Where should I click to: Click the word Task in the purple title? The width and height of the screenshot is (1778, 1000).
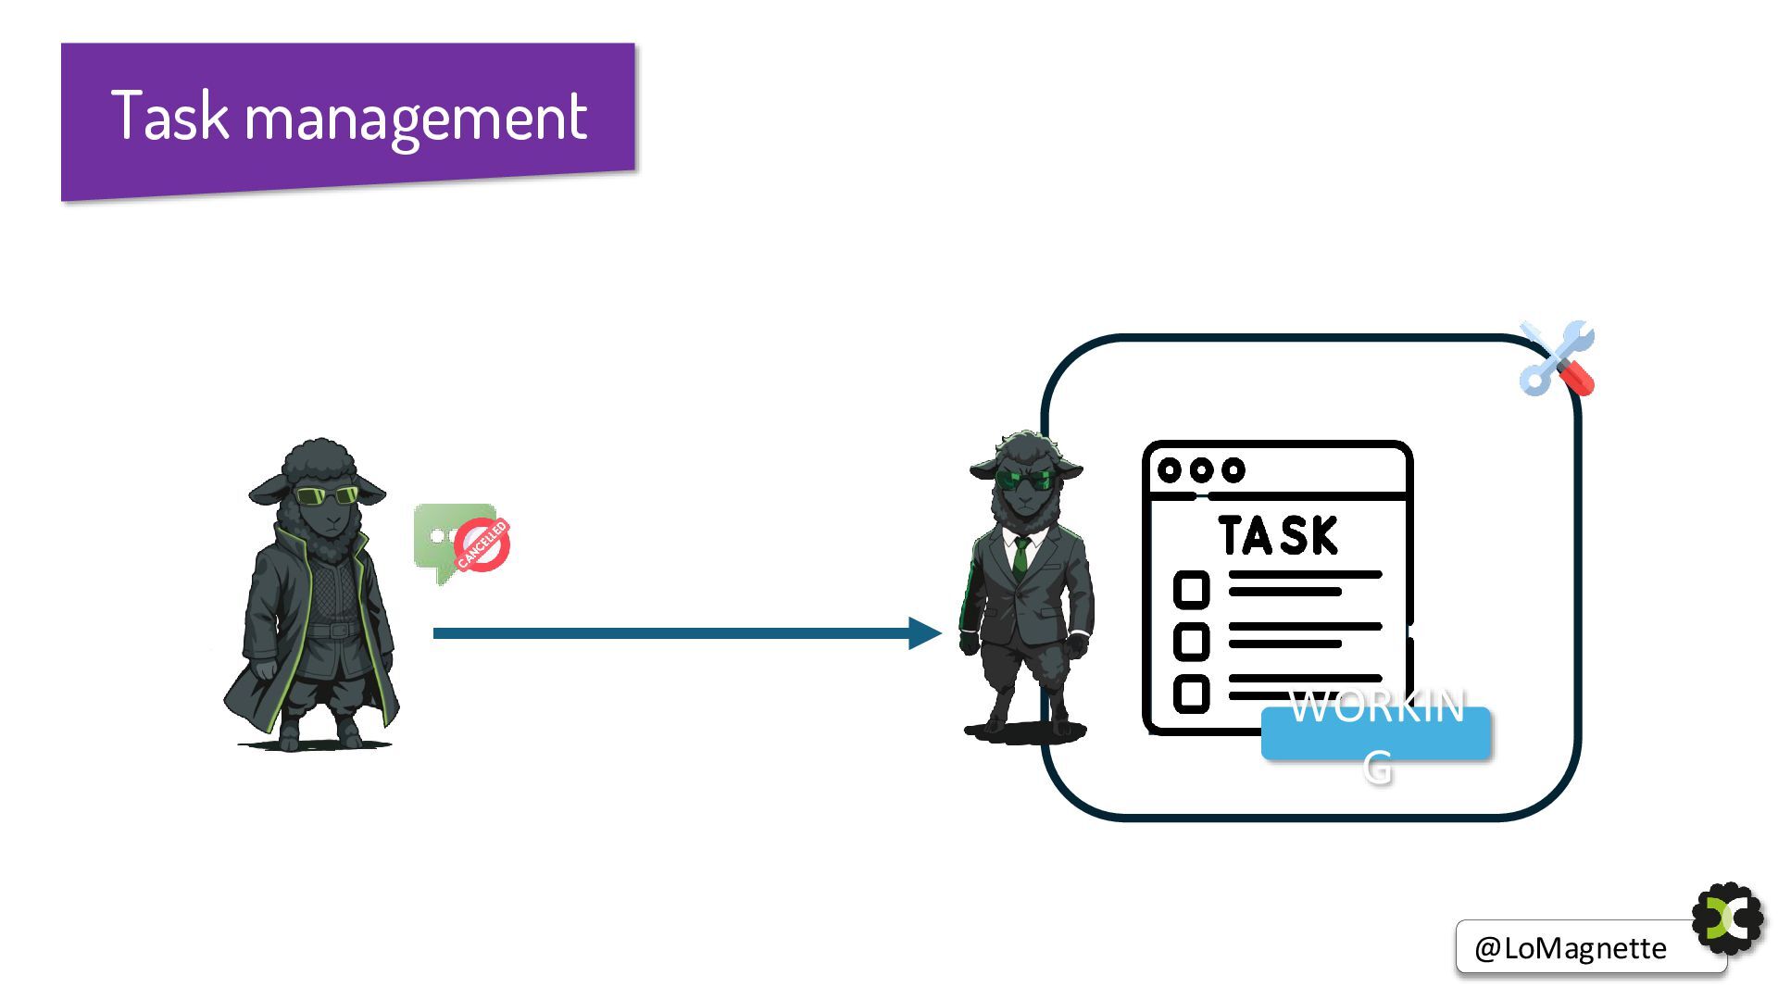point(169,117)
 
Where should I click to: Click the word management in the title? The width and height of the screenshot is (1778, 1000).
point(416,119)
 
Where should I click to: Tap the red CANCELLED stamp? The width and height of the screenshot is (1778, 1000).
point(482,544)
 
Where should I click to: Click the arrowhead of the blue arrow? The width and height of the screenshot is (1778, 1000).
point(924,633)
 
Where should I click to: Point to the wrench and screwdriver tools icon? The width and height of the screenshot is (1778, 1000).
point(1557,359)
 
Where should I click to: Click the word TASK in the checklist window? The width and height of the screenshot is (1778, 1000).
point(1278,536)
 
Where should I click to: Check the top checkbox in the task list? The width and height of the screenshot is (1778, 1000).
point(1191,590)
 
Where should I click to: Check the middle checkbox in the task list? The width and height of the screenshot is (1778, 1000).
point(1191,642)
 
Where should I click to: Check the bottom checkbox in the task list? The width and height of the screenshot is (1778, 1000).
point(1191,694)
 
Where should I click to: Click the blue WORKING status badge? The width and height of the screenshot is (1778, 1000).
point(1376,733)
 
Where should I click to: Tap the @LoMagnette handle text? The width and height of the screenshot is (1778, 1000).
point(1570,948)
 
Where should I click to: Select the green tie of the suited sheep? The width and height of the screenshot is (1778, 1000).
point(1020,555)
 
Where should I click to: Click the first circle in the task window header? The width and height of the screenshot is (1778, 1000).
point(1170,470)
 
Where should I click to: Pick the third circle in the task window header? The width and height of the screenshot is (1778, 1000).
point(1233,470)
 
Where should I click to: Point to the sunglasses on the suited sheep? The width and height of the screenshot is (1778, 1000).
point(1025,480)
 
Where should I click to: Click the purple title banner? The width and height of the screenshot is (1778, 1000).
point(348,119)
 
